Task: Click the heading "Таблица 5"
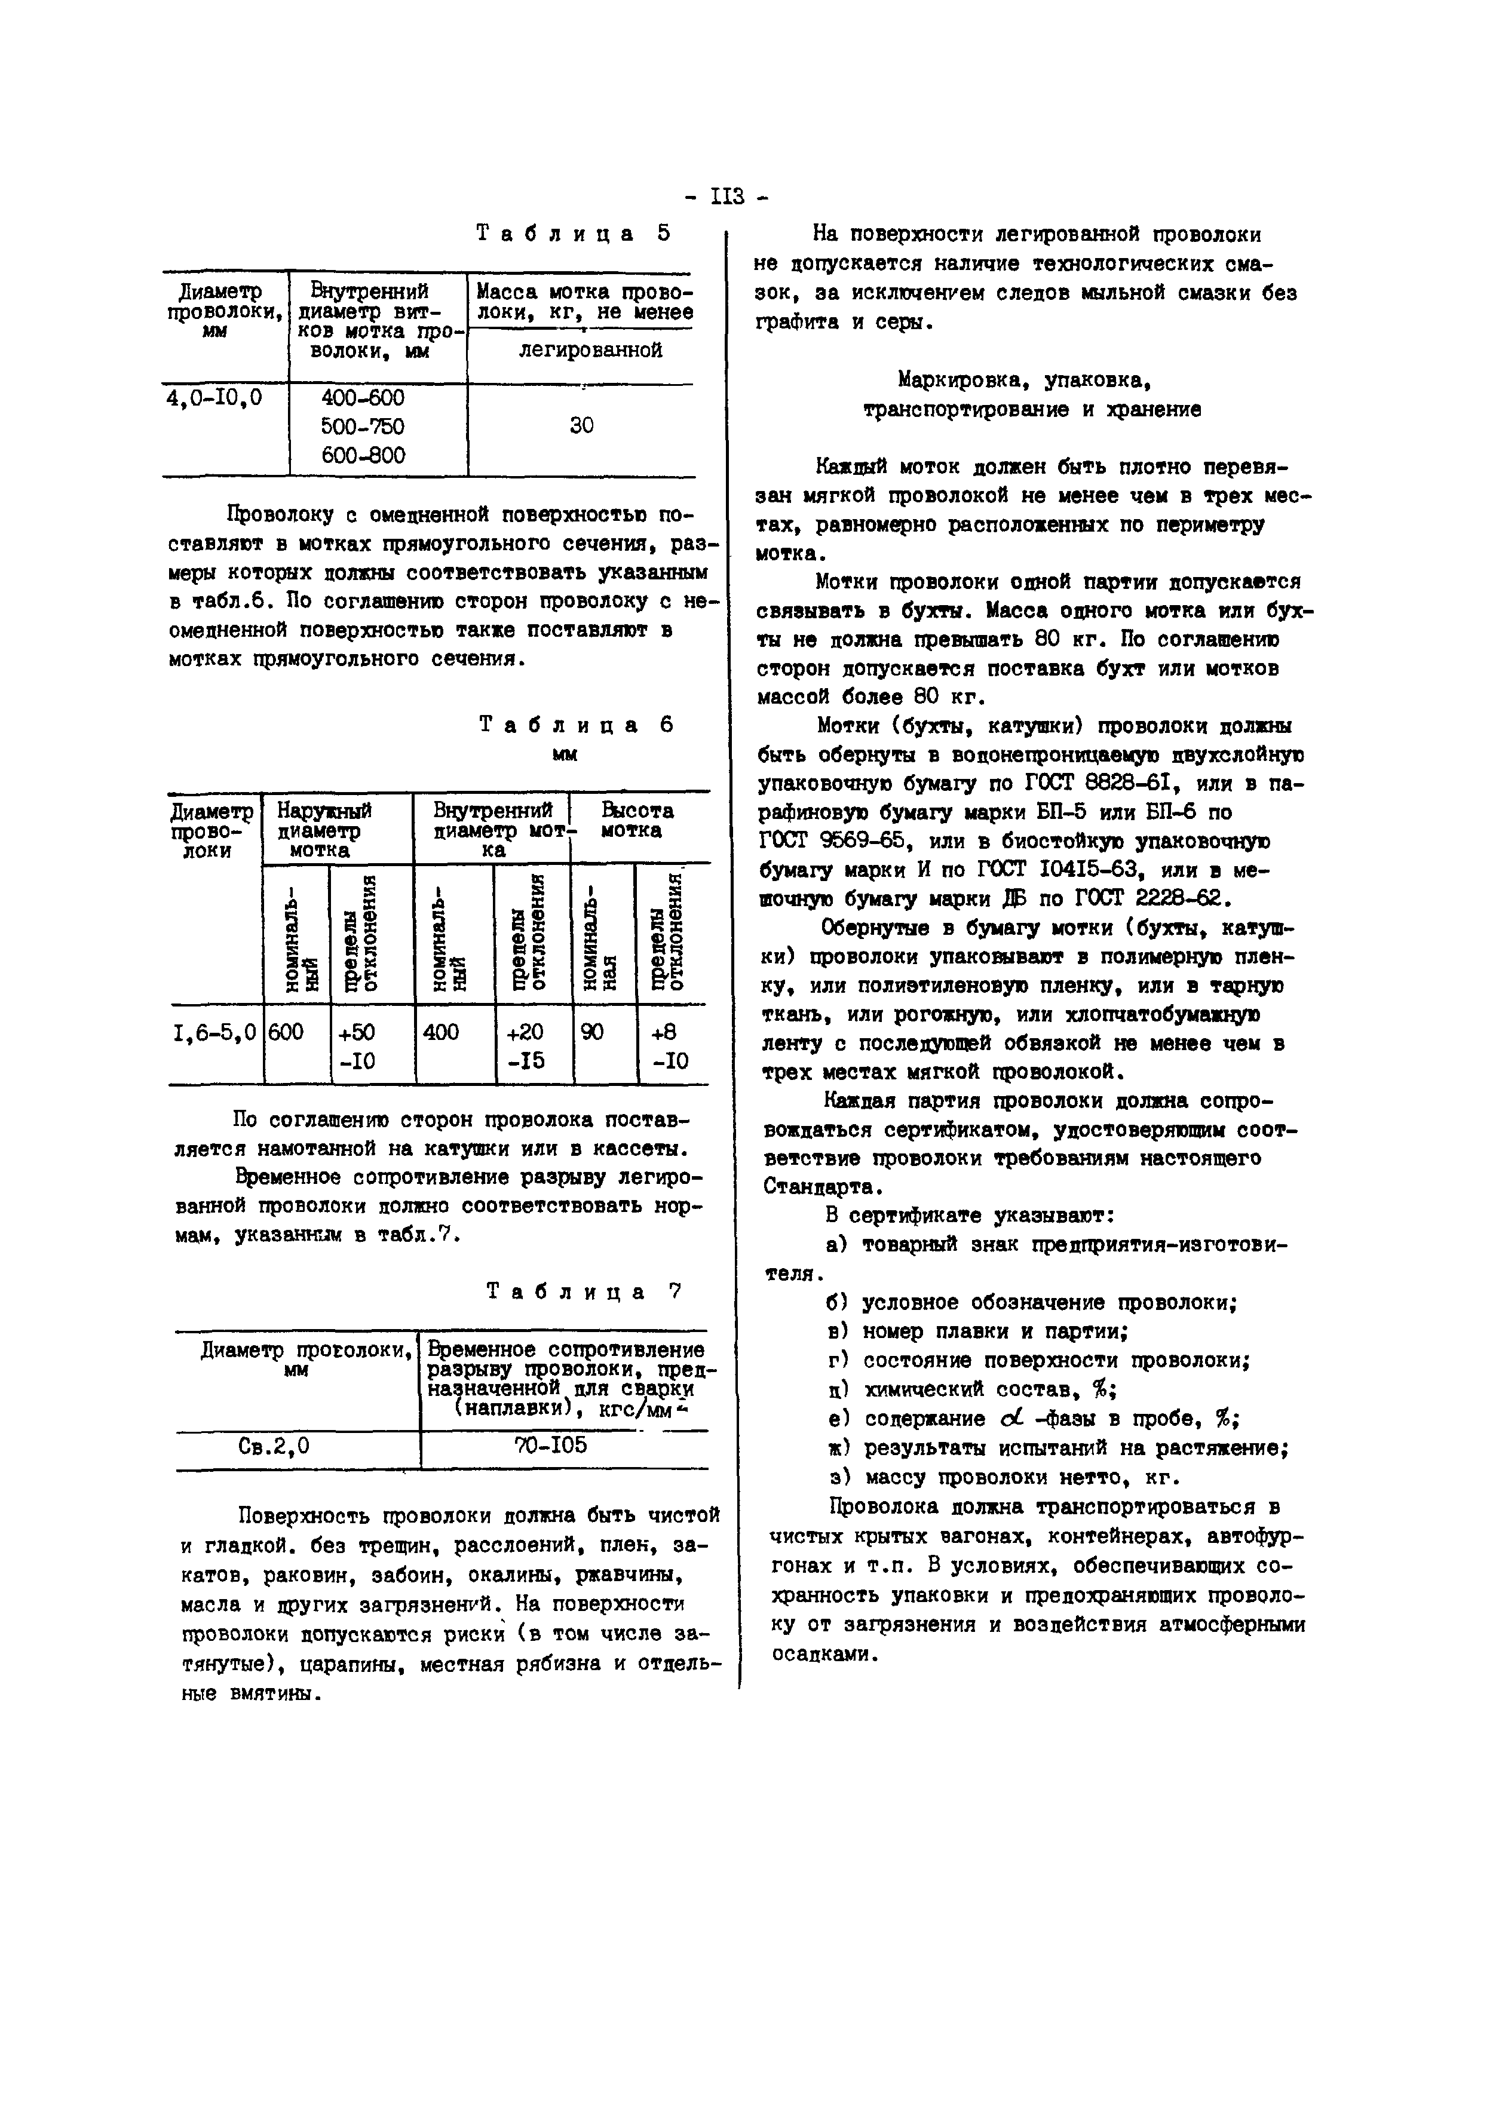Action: tap(573, 234)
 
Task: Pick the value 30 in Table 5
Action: tap(581, 425)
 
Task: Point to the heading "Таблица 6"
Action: tap(577, 725)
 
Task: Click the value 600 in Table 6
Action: tap(286, 1032)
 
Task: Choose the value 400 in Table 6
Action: tap(440, 1032)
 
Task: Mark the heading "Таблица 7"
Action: tap(583, 1292)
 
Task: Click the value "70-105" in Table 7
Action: tap(550, 1445)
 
